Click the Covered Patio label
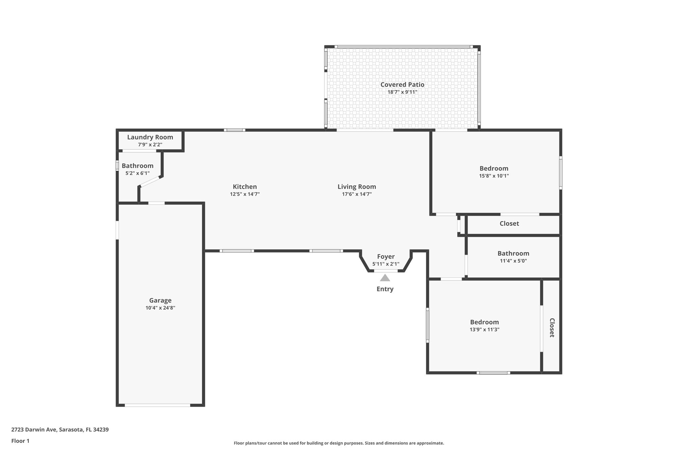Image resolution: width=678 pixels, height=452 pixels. point(402,84)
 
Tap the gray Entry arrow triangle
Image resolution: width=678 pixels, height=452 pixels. point(385,278)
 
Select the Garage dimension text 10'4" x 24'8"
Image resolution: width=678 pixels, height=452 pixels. point(160,308)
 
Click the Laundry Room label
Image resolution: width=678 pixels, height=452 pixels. point(150,137)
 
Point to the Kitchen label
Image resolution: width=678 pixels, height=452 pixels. point(245,186)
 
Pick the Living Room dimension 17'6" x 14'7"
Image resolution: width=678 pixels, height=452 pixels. point(357,194)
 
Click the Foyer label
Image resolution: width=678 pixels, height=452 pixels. point(386,256)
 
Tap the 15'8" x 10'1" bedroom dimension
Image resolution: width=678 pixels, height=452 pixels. point(494,176)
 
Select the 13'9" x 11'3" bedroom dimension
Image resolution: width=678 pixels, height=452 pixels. point(484,329)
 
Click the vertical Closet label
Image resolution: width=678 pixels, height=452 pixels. point(552,327)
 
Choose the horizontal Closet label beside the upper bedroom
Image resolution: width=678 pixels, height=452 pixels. point(509,224)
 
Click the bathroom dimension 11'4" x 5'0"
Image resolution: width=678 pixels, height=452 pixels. point(513,261)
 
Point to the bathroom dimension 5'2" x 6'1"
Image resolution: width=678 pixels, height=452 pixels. point(137,173)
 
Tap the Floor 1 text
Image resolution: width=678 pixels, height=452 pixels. point(20,441)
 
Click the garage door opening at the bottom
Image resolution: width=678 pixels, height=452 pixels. point(158,405)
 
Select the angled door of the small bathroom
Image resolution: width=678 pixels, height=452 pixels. point(150,182)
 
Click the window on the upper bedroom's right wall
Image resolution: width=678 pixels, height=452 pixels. point(560,173)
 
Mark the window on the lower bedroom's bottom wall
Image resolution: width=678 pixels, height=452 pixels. point(493,373)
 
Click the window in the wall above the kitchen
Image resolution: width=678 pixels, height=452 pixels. point(234,130)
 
